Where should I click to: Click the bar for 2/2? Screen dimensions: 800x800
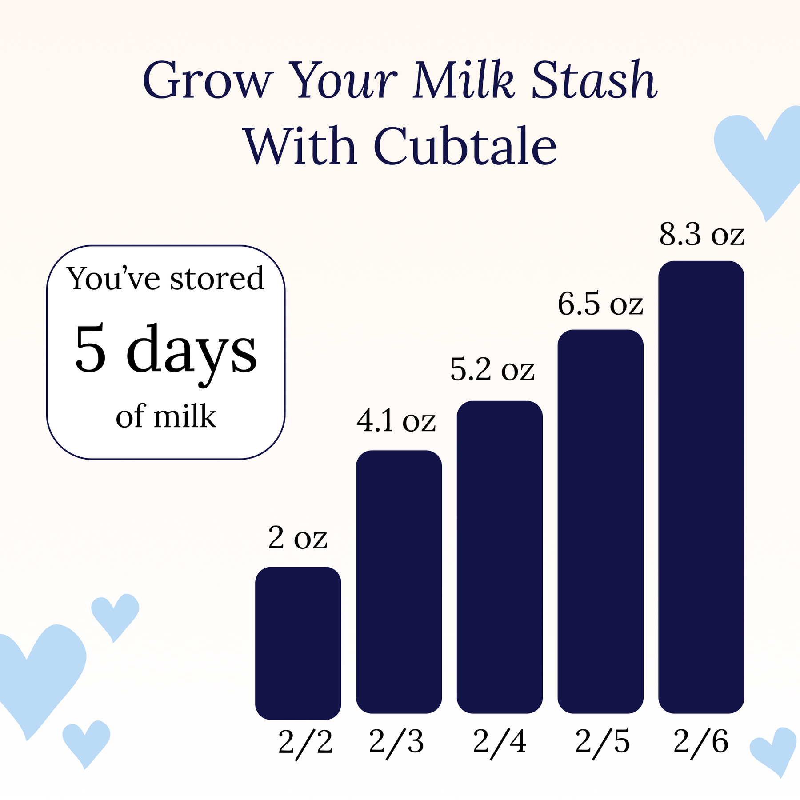298,643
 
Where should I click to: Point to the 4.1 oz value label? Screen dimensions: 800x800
396,421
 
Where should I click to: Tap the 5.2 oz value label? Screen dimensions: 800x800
492,369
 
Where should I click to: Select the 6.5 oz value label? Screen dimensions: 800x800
600,304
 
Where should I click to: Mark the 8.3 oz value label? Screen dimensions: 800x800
701,234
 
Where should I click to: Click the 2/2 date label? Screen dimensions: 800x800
305,743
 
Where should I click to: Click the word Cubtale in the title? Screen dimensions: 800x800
465,145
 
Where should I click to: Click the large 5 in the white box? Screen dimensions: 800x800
91,348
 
